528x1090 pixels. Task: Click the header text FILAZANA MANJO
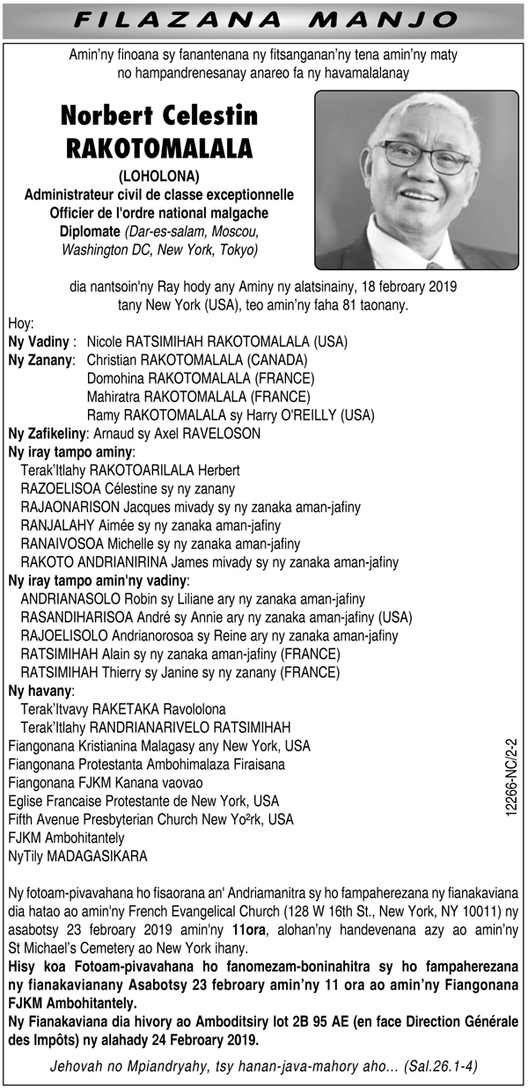(x=263, y=19)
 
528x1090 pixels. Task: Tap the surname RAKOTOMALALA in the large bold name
(x=159, y=147)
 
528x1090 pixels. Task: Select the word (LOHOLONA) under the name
(x=158, y=175)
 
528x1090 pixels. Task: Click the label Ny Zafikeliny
(x=46, y=433)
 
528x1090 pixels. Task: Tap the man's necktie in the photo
(x=434, y=265)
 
